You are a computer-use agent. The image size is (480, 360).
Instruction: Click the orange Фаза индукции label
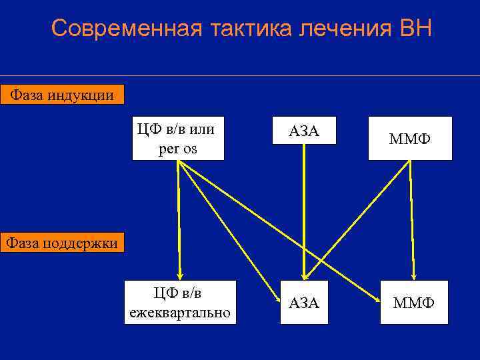(x=61, y=95)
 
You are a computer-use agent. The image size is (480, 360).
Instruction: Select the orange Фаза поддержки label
(x=61, y=243)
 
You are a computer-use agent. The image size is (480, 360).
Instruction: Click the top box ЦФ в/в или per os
(x=177, y=138)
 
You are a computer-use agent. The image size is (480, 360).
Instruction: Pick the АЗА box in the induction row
(x=304, y=131)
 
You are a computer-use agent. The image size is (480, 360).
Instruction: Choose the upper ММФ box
(x=410, y=139)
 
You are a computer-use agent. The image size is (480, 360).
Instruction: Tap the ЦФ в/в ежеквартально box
(x=180, y=302)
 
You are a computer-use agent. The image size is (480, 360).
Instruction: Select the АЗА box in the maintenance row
(x=304, y=303)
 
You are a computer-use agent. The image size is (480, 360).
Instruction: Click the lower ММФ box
(x=414, y=303)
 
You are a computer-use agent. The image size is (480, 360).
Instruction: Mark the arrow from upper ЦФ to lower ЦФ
(x=178, y=220)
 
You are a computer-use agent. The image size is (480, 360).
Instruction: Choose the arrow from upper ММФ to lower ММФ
(x=412, y=220)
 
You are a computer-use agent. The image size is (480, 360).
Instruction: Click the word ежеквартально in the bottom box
(x=180, y=311)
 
